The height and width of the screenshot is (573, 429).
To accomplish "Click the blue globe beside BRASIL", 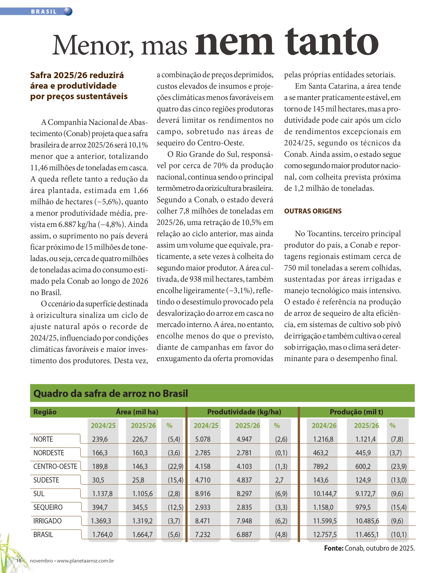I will pyautogui.click(x=68, y=11).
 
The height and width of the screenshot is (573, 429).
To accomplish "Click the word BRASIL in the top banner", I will pyautogui.click(x=44, y=12).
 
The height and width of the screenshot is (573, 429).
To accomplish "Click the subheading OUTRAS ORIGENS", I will pyautogui.click(x=313, y=211).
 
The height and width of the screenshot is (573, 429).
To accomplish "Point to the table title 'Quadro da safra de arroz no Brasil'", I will pyautogui.click(x=110, y=393).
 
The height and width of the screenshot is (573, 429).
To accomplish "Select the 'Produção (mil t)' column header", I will pyautogui.click(x=356, y=412).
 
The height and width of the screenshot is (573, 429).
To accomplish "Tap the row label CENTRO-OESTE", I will pyautogui.click(x=55, y=466).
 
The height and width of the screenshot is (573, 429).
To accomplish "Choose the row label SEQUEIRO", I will pyautogui.click(x=48, y=507).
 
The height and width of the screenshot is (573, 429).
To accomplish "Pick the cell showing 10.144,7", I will pyautogui.click(x=325, y=494).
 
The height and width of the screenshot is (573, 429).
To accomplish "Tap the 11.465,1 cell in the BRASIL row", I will pyautogui.click(x=367, y=535).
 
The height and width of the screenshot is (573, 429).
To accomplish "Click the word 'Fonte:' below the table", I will pyautogui.click(x=334, y=548).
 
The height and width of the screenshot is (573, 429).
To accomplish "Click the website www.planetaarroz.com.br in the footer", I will pyautogui.click(x=85, y=561).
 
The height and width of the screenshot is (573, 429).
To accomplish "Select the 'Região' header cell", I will pyautogui.click(x=45, y=412).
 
